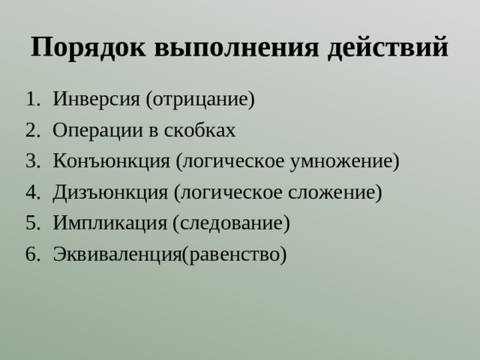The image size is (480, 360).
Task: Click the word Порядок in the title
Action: [x=90, y=46]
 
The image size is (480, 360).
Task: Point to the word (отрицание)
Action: [x=200, y=99]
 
